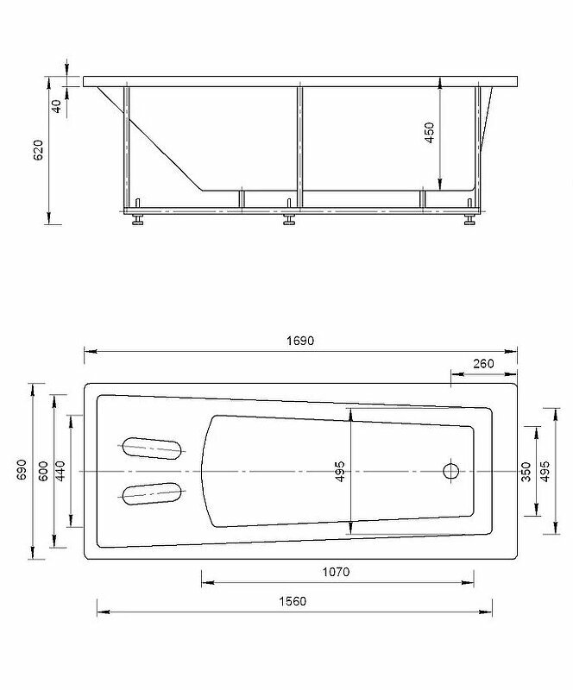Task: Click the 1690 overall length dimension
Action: pyautogui.click(x=300, y=341)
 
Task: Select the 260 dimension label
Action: pyautogui.click(x=483, y=363)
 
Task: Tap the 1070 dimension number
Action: pyautogui.click(x=336, y=572)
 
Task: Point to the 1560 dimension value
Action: pyautogui.click(x=293, y=601)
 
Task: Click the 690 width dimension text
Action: pyautogui.click(x=22, y=469)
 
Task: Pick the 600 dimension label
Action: pyautogui.click(x=43, y=471)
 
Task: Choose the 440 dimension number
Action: pyautogui.click(x=60, y=471)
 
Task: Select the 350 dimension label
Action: pyautogui.click(x=526, y=472)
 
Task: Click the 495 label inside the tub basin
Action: pyautogui.click(x=340, y=471)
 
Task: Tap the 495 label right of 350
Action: pyautogui.click(x=545, y=471)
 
